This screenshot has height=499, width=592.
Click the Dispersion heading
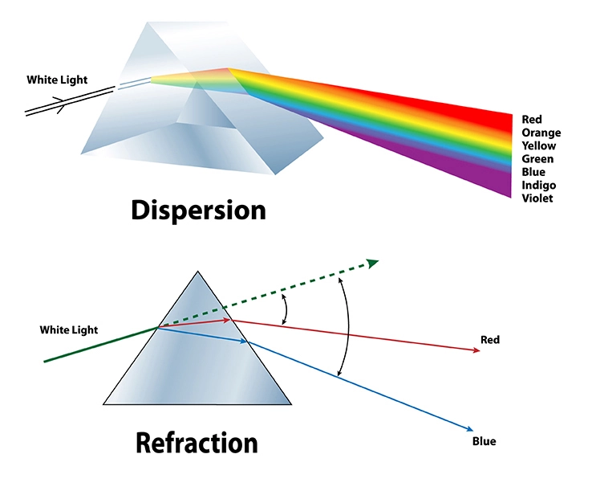coord(197,210)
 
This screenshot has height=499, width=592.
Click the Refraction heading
coord(197,443)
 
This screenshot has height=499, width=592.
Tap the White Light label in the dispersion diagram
coord(57,80)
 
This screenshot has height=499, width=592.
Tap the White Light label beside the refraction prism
coord(69,330)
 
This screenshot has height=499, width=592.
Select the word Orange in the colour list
coord(541,133)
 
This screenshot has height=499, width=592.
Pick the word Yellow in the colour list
coord(538,146)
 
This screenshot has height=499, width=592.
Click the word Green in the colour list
coord(537,159)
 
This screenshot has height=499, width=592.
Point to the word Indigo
coord(538,186)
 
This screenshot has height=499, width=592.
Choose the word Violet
coord(537,198)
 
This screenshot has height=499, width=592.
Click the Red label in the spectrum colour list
coord(531,120)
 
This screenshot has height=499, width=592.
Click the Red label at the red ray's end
coord(489,340)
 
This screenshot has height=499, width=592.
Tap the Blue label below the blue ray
coord(485,441)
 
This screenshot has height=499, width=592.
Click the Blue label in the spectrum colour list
coord(533,172)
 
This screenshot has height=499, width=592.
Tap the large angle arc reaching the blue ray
coord(347,329)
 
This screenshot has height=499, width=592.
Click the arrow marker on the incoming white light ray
coord(57,103)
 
